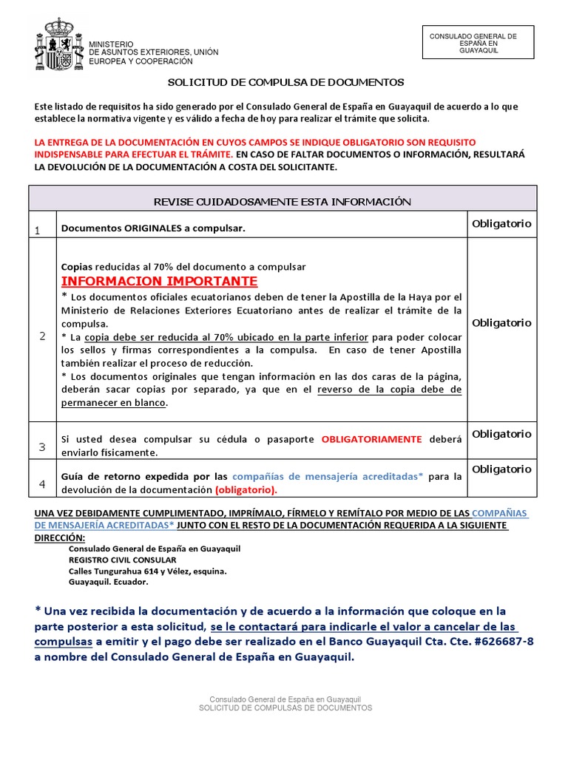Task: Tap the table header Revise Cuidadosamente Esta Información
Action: coord(282,201)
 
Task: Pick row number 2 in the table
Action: coord(42,336)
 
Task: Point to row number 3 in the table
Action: coord(42,447)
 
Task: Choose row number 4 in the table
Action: coord(42,483)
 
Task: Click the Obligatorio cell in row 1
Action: coord(501,223)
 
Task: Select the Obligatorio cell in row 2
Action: coord(501,322)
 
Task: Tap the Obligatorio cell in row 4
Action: coord(501,469)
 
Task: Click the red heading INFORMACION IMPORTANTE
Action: coord(160,281)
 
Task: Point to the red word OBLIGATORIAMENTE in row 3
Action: coord(372,438)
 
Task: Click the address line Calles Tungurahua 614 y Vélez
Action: coord(147,571)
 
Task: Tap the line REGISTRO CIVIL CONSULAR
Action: coord(124,560)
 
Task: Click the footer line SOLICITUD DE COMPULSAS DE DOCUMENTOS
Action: coord(285,707)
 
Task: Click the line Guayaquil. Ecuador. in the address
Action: coord(108,582)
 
